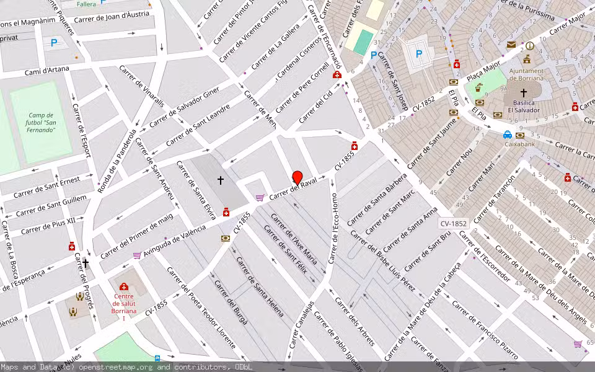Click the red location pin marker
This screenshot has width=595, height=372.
coord(297,178)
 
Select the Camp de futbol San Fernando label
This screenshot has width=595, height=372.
coord(42,122)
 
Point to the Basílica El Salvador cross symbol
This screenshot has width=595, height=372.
coord(524,92)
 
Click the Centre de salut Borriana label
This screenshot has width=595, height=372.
coord(123,307)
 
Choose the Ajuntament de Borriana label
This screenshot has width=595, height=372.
coord(526,74)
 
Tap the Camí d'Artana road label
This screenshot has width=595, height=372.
coord(46,71)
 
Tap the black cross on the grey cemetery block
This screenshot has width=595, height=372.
coord(220,180)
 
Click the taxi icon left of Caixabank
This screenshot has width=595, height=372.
coord(507,135)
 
